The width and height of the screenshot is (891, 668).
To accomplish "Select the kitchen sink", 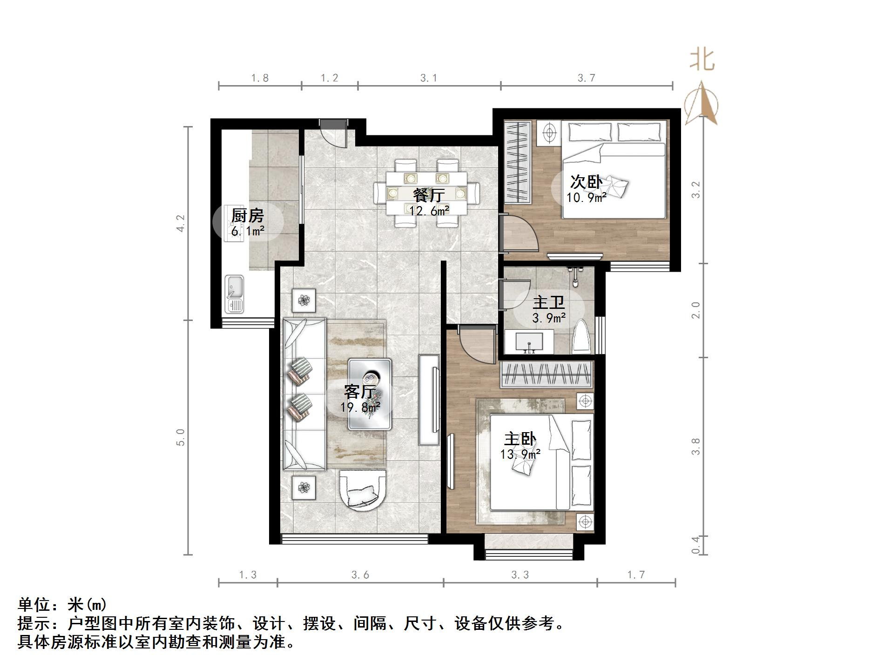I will [x=234, y=294].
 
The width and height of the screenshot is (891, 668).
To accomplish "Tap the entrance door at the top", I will [x=333, y=132].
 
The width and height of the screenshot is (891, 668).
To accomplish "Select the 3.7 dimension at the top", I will [x=586, y=78].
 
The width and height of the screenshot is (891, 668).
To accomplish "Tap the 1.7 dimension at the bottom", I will [x=635, y=574].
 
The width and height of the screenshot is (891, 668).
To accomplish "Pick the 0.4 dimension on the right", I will [x=695, y=545].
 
